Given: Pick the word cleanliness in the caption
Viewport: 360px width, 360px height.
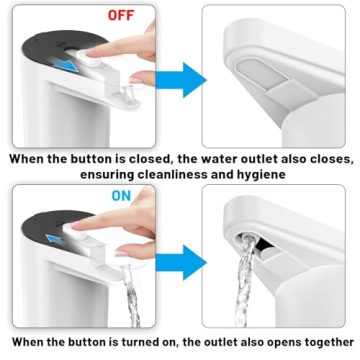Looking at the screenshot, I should click(174, 174).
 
